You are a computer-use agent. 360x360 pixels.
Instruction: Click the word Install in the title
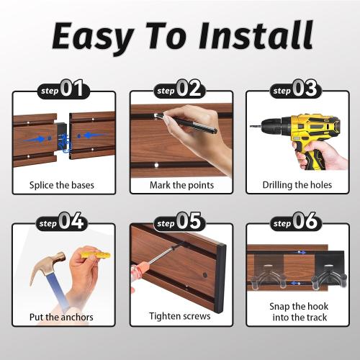click(256, 35)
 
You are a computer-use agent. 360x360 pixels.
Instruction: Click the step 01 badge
click(63, 89)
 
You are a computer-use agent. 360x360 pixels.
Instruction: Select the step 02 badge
click(179, 89)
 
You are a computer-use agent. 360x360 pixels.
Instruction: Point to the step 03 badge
click(296, 89)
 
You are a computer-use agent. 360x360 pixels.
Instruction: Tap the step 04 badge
click(62, 222)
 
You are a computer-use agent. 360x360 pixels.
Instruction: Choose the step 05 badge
click(179, 222)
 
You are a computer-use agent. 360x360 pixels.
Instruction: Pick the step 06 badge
click(296, 222)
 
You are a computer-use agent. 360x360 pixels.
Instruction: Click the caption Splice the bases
click(62, 185)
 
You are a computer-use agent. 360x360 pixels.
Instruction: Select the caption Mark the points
click(181, 185)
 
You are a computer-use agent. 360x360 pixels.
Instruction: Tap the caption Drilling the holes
click(297, 185)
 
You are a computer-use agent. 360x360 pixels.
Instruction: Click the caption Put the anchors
click(61, 317)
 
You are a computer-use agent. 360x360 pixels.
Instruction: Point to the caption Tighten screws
click(180, 316)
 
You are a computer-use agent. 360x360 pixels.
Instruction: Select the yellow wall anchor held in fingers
click(96, 255)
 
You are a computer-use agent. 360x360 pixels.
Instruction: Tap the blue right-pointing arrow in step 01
click(35, 139)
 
